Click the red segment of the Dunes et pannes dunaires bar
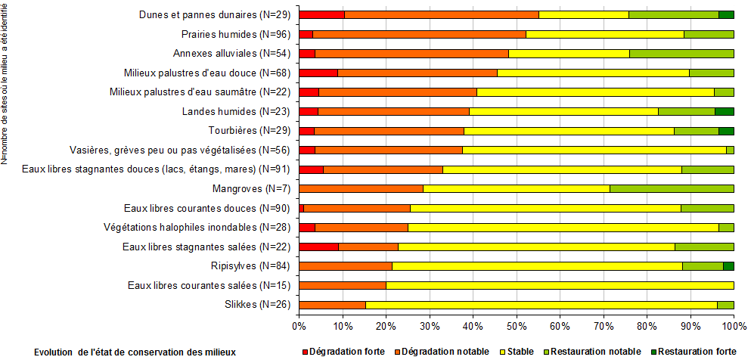coord(321,14)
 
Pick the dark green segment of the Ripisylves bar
coord(728,266)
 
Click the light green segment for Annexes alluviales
coord(681,53)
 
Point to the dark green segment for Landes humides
coord(724,111)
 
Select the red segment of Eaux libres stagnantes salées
coord(318,247)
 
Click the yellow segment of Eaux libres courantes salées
coord(560,285)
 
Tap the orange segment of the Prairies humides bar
coord(419,34)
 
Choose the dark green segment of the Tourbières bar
coord(726,131)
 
